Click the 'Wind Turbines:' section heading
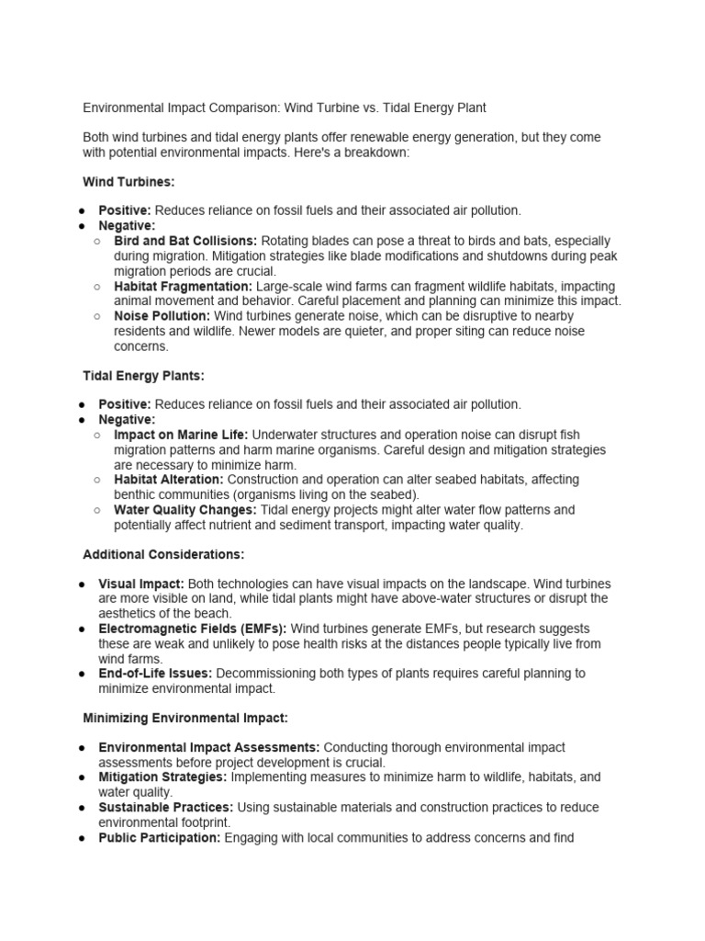coord(128,182)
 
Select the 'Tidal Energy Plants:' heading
coord(143,376)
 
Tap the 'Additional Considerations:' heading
coord(163,555)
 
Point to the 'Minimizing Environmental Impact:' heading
coord(185,718)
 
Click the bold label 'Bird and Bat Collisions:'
coord(185,241)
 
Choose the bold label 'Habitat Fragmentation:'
coord(182,287)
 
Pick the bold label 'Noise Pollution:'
coord(162,316)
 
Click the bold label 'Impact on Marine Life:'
coord(181,435)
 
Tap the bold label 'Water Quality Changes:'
coord(185,510)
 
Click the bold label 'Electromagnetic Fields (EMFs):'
coord(193,629)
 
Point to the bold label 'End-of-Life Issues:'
coord(155,674)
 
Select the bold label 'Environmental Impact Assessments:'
coord(209,748)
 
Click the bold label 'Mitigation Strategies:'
coord(162,777)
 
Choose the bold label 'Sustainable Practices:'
coord(165,808)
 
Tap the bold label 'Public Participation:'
coord(159,838)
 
